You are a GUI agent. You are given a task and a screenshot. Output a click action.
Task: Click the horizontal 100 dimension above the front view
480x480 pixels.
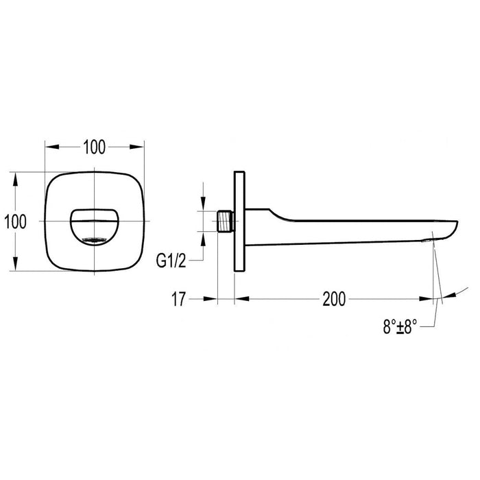[x=94, y=146]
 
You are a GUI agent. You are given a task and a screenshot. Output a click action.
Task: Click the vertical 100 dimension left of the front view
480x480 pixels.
[x=15, y=221]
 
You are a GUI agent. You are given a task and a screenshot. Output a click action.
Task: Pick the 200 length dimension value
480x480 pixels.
[x=333, y=298]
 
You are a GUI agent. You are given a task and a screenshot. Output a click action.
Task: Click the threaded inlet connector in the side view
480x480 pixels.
[x=226, y=221]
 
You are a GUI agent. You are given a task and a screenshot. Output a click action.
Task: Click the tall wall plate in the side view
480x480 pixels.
[x=240, y=221]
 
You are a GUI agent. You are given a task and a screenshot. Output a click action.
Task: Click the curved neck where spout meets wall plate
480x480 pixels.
[x=271, y=213]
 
